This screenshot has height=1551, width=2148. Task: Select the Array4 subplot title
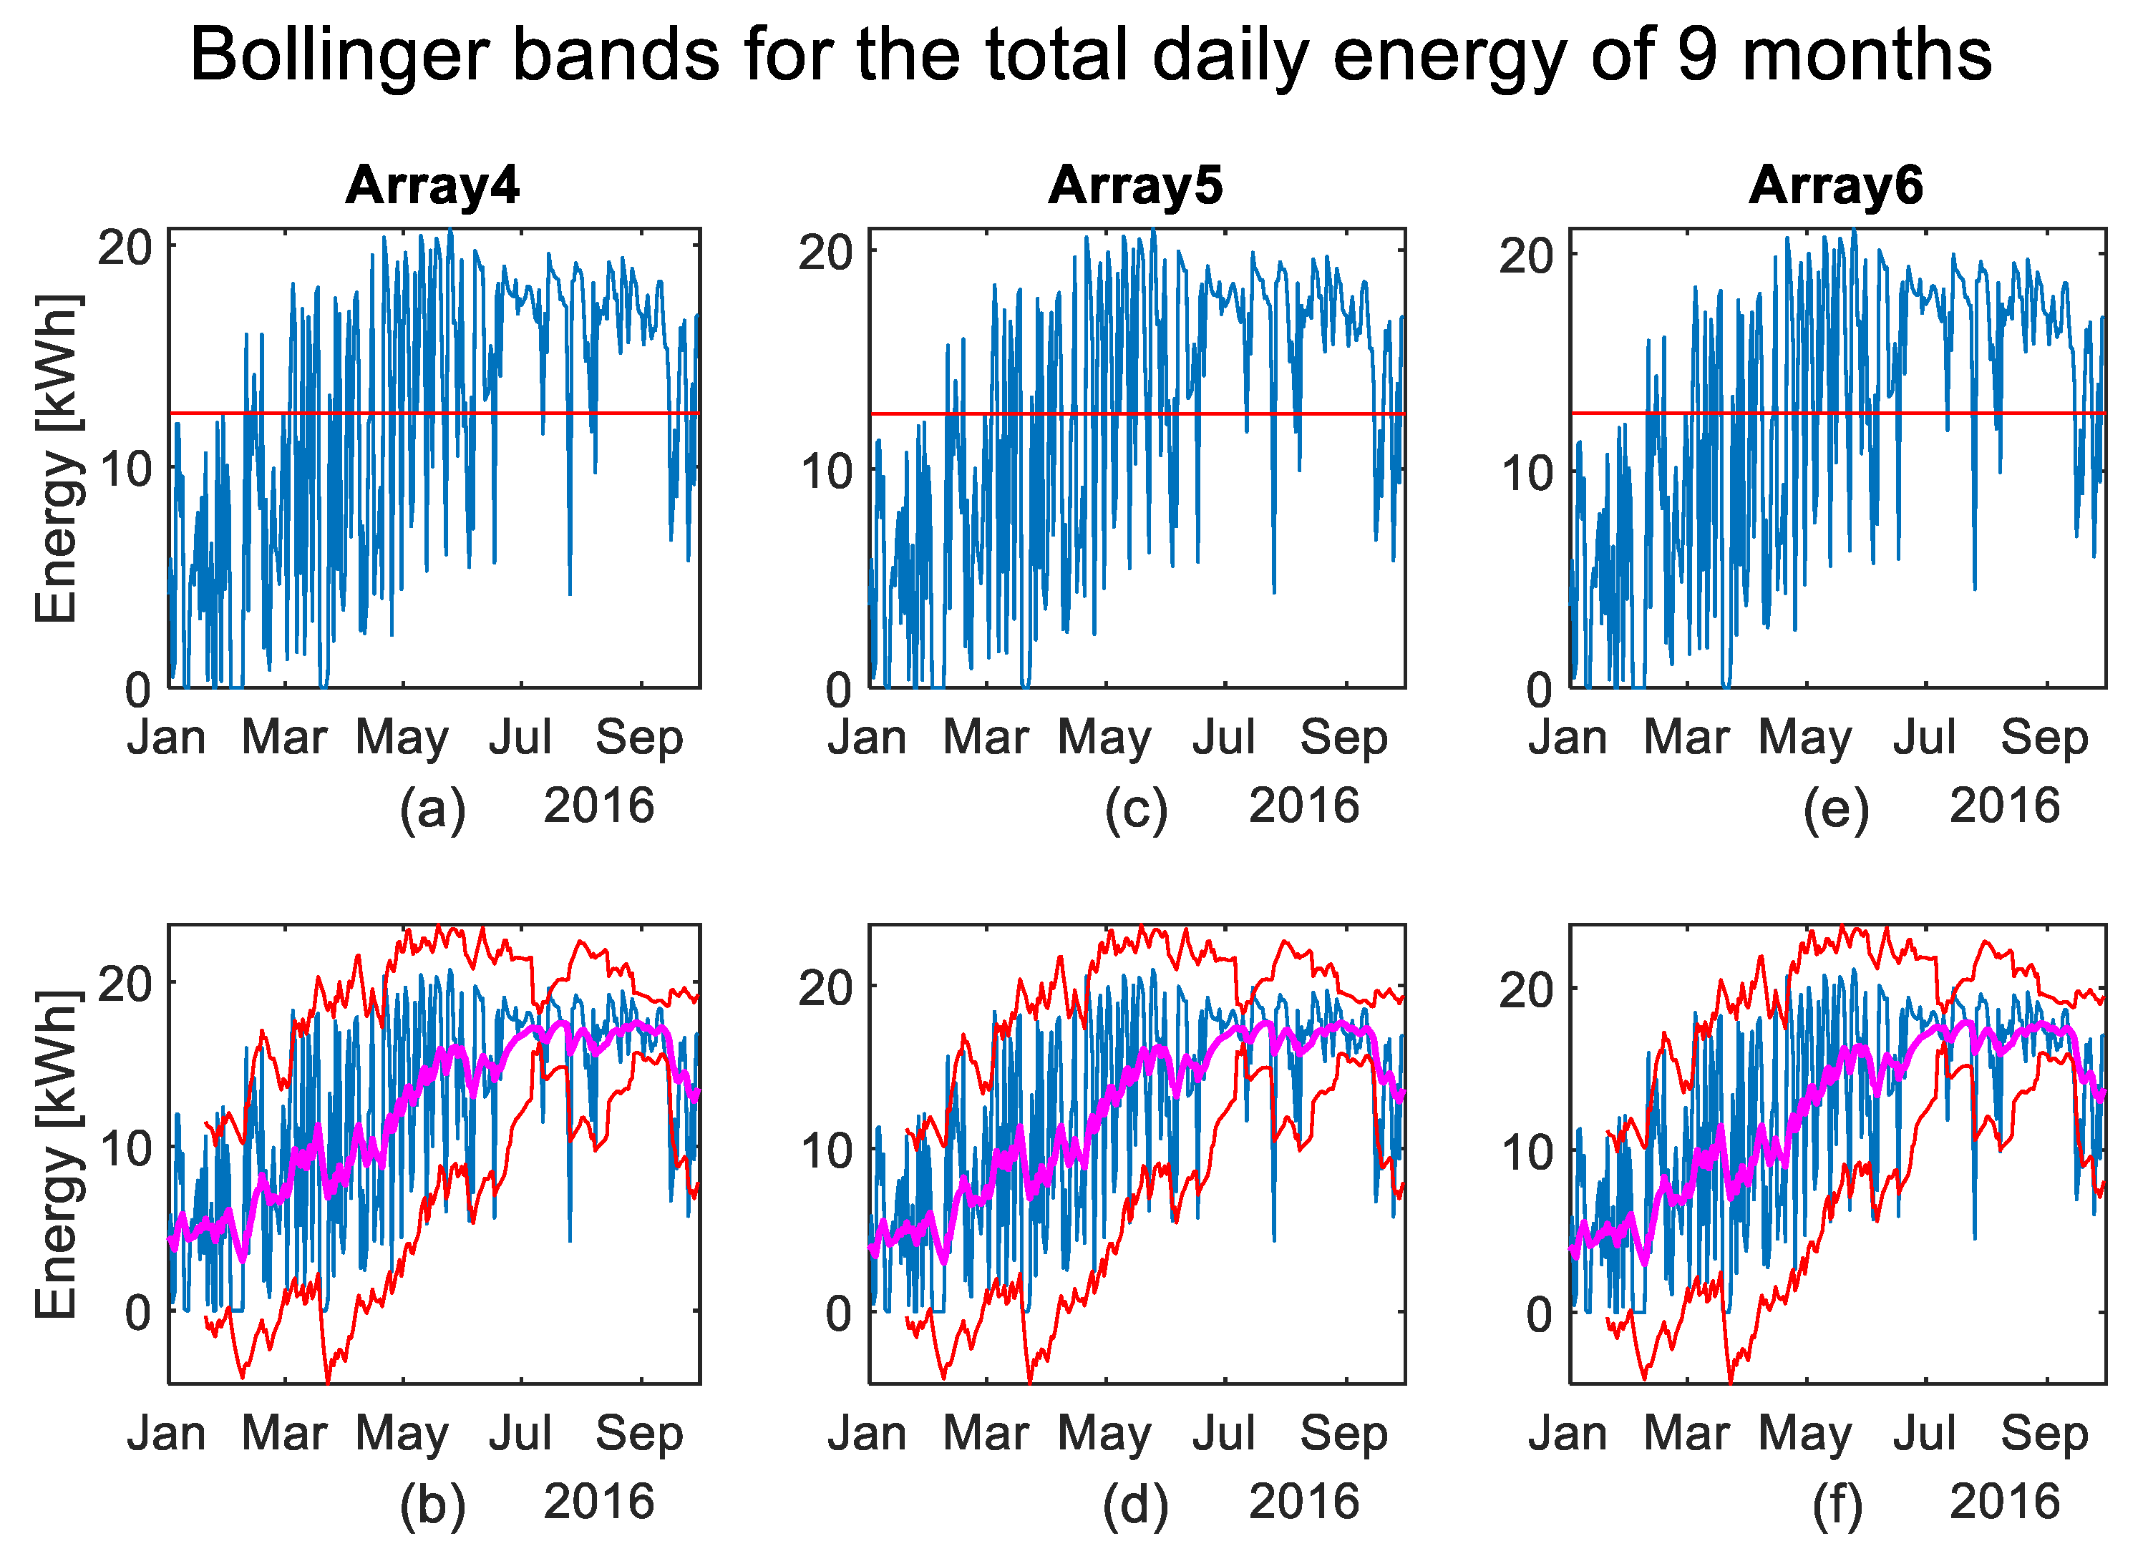433,185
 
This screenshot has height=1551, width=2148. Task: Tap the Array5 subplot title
1136,185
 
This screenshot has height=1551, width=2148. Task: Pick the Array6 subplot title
1835,185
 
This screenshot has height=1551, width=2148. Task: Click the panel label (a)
433,811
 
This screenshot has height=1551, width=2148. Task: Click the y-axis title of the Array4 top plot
57,459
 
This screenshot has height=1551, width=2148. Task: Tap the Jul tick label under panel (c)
1224,738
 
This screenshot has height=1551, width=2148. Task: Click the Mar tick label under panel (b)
284,1434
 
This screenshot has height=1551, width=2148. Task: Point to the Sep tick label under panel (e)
2043,738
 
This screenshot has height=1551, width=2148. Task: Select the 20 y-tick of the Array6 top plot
1526,257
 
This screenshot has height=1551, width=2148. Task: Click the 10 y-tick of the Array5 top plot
826,472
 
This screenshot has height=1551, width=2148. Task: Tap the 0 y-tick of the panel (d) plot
838,1315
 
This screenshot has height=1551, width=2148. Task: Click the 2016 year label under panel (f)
2005,1502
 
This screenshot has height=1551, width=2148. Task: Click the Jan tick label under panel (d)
867,1434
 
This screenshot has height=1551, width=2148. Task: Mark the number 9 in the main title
1697,55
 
